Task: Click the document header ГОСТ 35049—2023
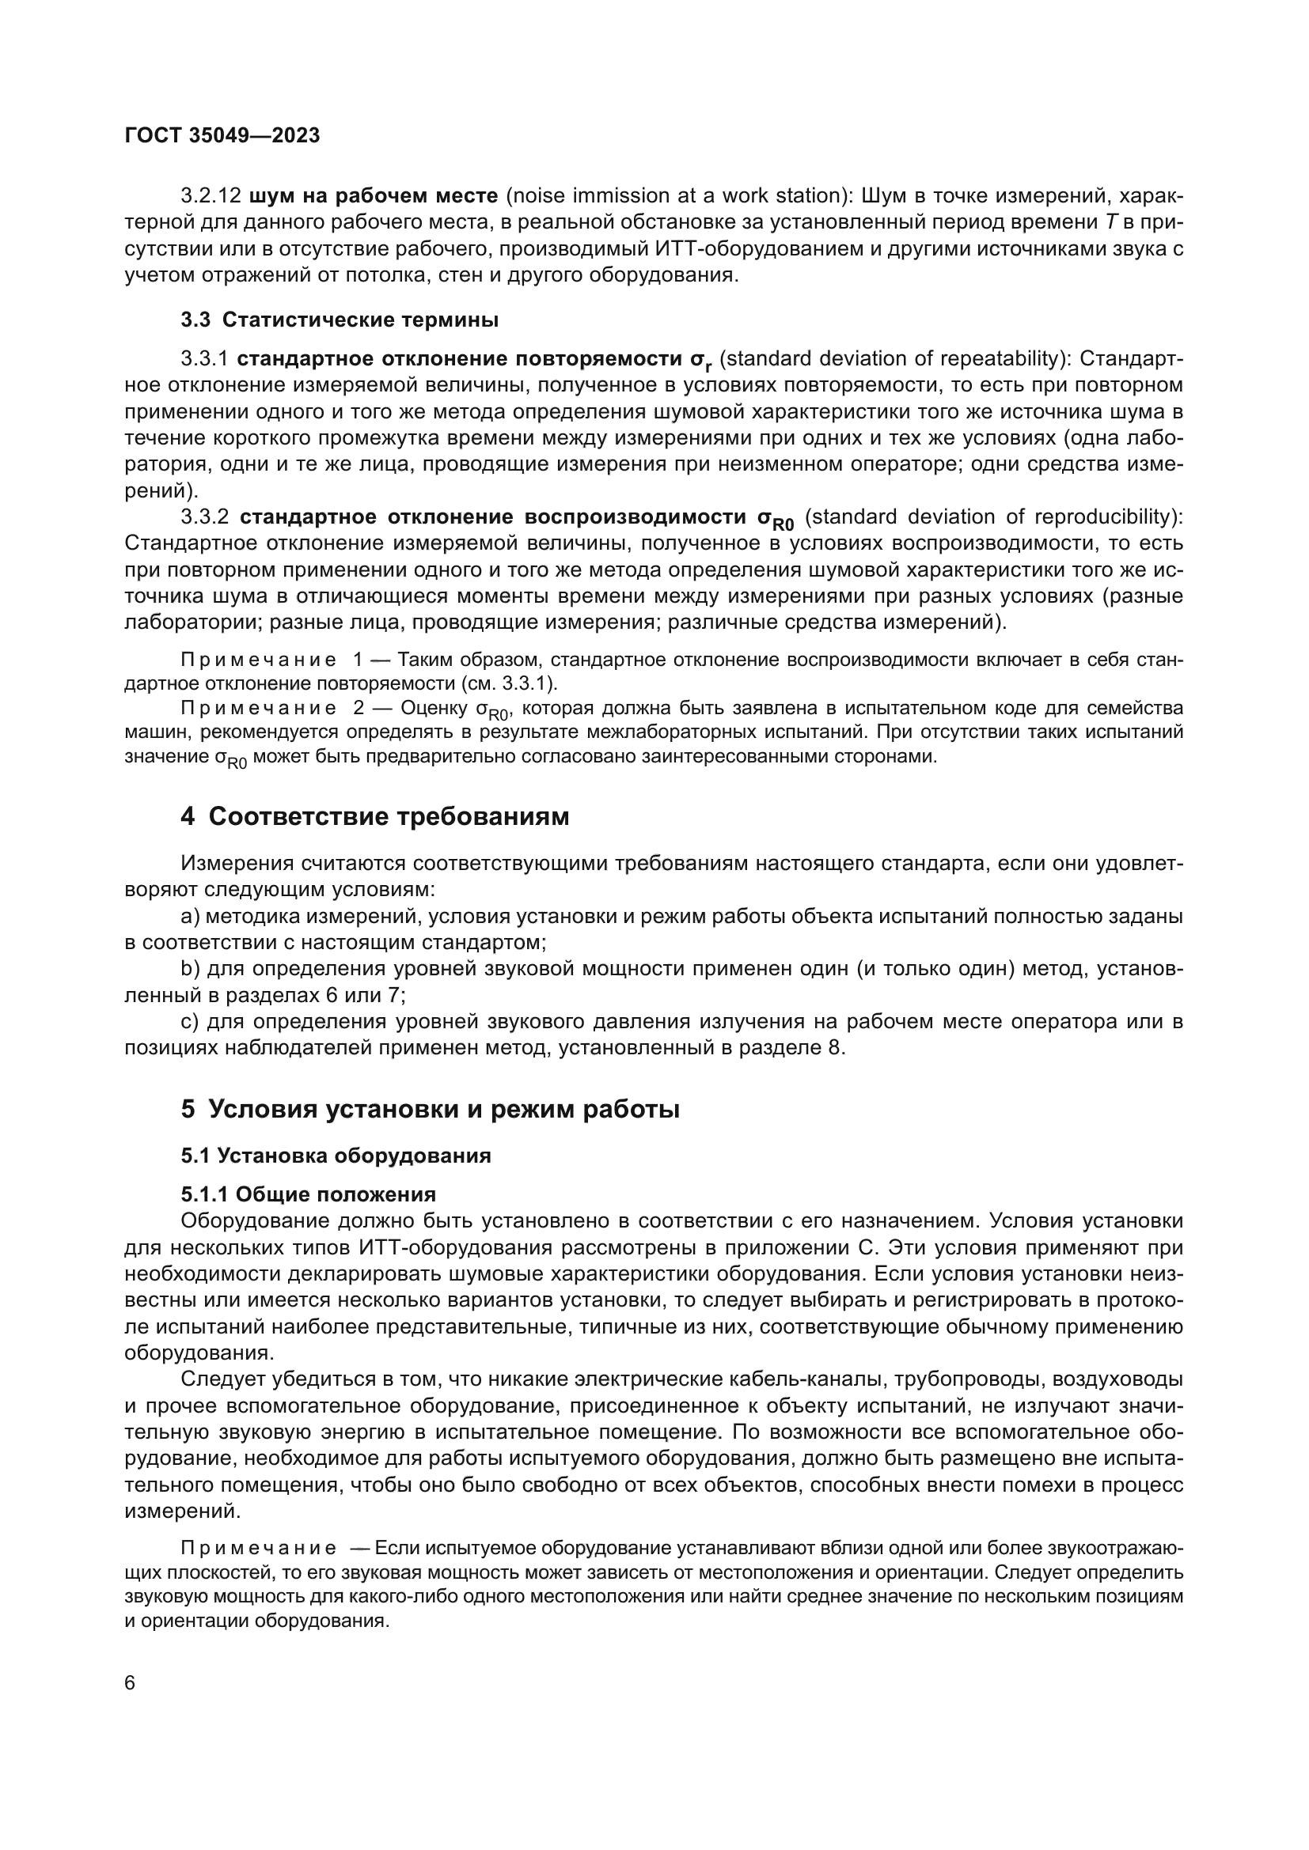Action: (x=222, y=135)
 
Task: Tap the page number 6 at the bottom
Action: (x=131, y=1683)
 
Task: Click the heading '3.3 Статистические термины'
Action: (x=340, y=320)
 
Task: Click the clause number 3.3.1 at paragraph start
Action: (x=206, y=358)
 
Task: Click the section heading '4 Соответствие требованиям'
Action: (x=375, y=816)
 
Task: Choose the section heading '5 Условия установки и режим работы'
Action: (x=431, y=1110)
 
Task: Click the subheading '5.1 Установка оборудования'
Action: (x=336, y=1156)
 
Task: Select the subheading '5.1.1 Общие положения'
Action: (x=308, y=1194)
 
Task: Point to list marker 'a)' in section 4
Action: (x=190, y=916)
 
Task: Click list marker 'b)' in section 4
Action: (x=190, y=969)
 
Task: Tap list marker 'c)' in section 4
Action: (x=190, y=1022)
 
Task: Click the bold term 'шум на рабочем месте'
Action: (x=374, y=196)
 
